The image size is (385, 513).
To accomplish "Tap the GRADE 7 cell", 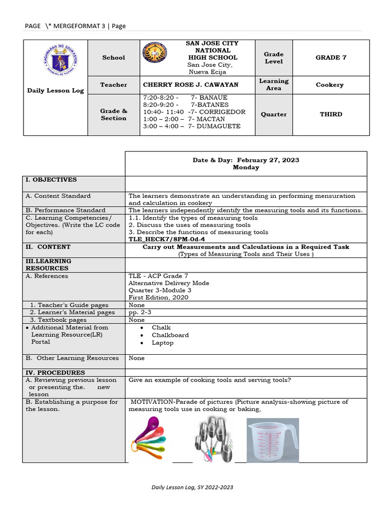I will click(331, 58).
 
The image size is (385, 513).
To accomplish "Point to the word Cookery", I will click(329, 85).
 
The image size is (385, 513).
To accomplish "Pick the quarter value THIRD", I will click(331, 114).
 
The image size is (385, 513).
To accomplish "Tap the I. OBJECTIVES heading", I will click(52, 179).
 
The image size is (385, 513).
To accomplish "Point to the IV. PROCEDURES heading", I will click(56, 373).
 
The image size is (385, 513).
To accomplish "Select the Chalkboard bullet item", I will click(170, 335).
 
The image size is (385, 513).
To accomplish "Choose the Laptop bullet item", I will click(162, 343).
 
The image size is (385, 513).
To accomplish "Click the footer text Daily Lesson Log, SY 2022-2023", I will click(192, 487).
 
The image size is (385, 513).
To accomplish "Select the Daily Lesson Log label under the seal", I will click(55, 91).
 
